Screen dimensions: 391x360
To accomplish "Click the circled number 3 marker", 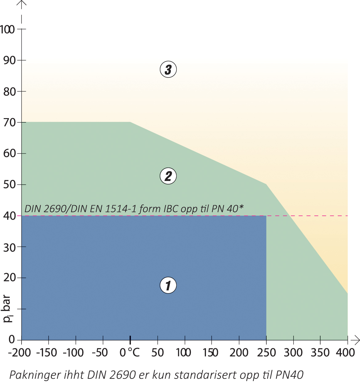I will tap(168, 69).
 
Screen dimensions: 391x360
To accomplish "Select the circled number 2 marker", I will tap(168, 176).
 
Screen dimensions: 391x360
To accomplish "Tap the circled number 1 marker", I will tap(168, 285).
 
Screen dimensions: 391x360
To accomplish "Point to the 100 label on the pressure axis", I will tap(7, 30).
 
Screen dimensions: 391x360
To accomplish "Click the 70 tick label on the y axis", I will tap(9, 123).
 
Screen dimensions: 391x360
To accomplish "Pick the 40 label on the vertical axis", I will tap(9, 216).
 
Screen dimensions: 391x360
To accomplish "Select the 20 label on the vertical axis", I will tap(9, 278).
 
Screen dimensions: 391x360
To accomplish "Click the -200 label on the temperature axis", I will tap(19, 353).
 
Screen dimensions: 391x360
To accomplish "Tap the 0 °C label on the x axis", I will tap(130, 353).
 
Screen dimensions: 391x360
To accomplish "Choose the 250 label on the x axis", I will tap(266, 353).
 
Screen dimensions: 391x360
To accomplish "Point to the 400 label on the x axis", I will tap(346, 353).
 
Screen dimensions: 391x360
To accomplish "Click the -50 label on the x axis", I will tap(100, 353).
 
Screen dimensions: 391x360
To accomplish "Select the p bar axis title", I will tap(7, 309).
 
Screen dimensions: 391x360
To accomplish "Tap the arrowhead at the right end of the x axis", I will tap(357, 340).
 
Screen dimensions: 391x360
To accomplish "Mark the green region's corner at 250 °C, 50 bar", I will tap(266, 184).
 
